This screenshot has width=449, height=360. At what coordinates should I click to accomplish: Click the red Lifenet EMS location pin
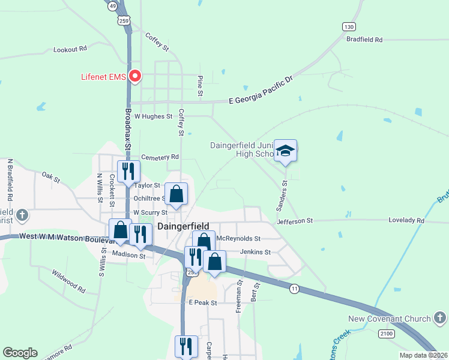tap(136, 76)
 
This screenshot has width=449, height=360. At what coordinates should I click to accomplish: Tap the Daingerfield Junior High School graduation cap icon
tap(286, 151)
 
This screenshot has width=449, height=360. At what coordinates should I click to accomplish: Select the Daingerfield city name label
tap(183, 227)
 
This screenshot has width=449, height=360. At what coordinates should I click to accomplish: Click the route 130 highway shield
tap(349, 26)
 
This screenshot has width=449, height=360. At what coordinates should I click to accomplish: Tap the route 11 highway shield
tap(294, 289)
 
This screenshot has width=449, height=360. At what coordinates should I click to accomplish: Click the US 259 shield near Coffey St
tap(124, 20)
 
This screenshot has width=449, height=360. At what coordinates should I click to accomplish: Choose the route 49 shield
tap(112, 5)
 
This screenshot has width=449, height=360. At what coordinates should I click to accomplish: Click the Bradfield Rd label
tap(364, 40)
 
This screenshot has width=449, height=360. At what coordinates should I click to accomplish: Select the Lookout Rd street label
tap(70, 49)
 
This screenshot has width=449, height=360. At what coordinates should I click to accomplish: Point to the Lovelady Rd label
tap(406, 221)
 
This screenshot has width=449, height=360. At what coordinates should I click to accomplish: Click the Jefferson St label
tap(295, 221)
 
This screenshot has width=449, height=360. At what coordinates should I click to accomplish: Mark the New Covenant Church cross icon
tap(440, 318)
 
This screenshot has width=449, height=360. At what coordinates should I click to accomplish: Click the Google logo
tap(20, 353)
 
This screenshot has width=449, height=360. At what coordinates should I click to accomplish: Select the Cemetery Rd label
tap(160, 157)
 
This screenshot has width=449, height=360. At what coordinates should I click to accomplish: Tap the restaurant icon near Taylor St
tap(128, 171)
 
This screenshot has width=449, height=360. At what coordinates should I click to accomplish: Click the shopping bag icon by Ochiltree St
tap(176, 194)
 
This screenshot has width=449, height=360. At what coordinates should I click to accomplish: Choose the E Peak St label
tap(202, 304)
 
